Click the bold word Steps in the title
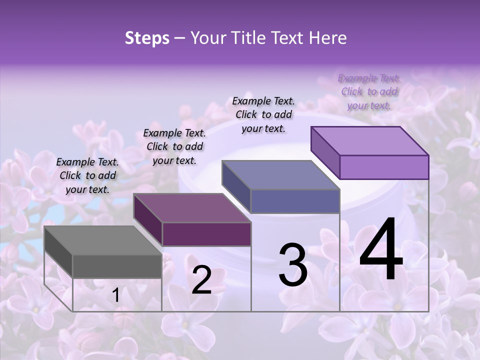point(147,38)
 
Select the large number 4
point(381,250)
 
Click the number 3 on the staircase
point(293,265)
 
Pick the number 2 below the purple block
point(201,280)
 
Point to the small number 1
point(115,295)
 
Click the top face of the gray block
point(103,240)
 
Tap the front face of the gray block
point(117,266)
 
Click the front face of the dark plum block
point(206,234)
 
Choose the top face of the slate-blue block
point(280,175)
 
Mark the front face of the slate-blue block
point(295,201)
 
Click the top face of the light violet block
point(369,141)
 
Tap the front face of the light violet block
point(384,167)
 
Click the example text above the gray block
point(87,175)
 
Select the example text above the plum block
point(174,146)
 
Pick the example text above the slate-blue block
point(263,114)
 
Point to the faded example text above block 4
point(369,91)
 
